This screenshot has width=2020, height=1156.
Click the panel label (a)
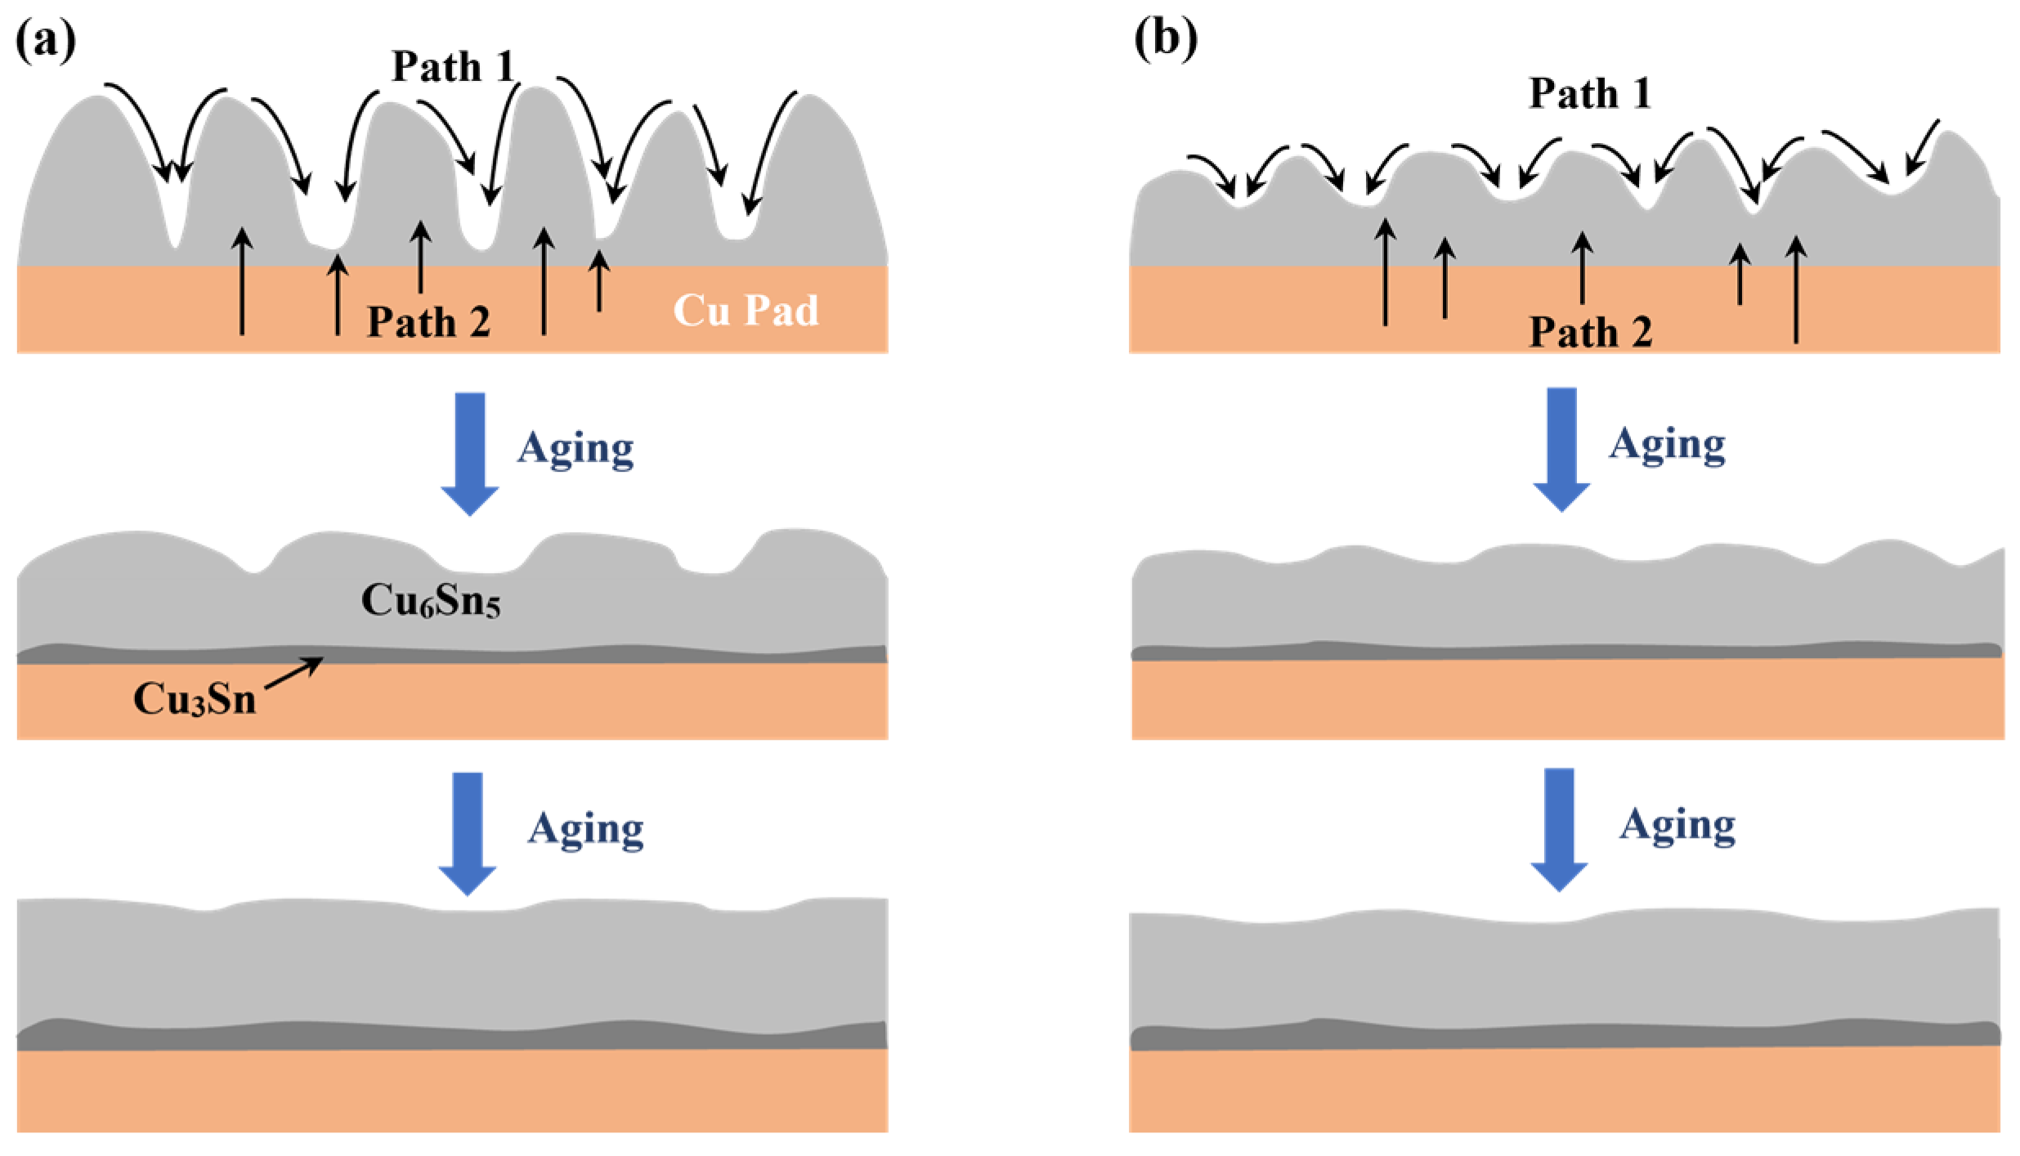(46, 39)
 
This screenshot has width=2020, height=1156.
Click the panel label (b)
(1165, 38)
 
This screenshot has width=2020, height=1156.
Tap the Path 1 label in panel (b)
(1589, 93)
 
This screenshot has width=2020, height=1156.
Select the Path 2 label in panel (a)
(428, 322)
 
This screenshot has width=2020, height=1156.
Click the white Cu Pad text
(745, 311)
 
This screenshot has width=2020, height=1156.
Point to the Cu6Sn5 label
(430, 601)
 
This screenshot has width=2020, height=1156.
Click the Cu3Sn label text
(195, 700)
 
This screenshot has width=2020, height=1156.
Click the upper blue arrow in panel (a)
(470, 454)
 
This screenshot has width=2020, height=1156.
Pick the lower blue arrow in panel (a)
(468, 833)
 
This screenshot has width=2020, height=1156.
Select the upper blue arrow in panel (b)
(1561, 450)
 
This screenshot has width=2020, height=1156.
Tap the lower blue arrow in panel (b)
(1559, 829)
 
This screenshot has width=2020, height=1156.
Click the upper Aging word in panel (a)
(576, 449)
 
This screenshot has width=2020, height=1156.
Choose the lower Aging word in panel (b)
(1677, 826)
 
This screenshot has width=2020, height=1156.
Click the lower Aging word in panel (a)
(585, 830)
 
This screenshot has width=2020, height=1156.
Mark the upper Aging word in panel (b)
(1667, 446)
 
